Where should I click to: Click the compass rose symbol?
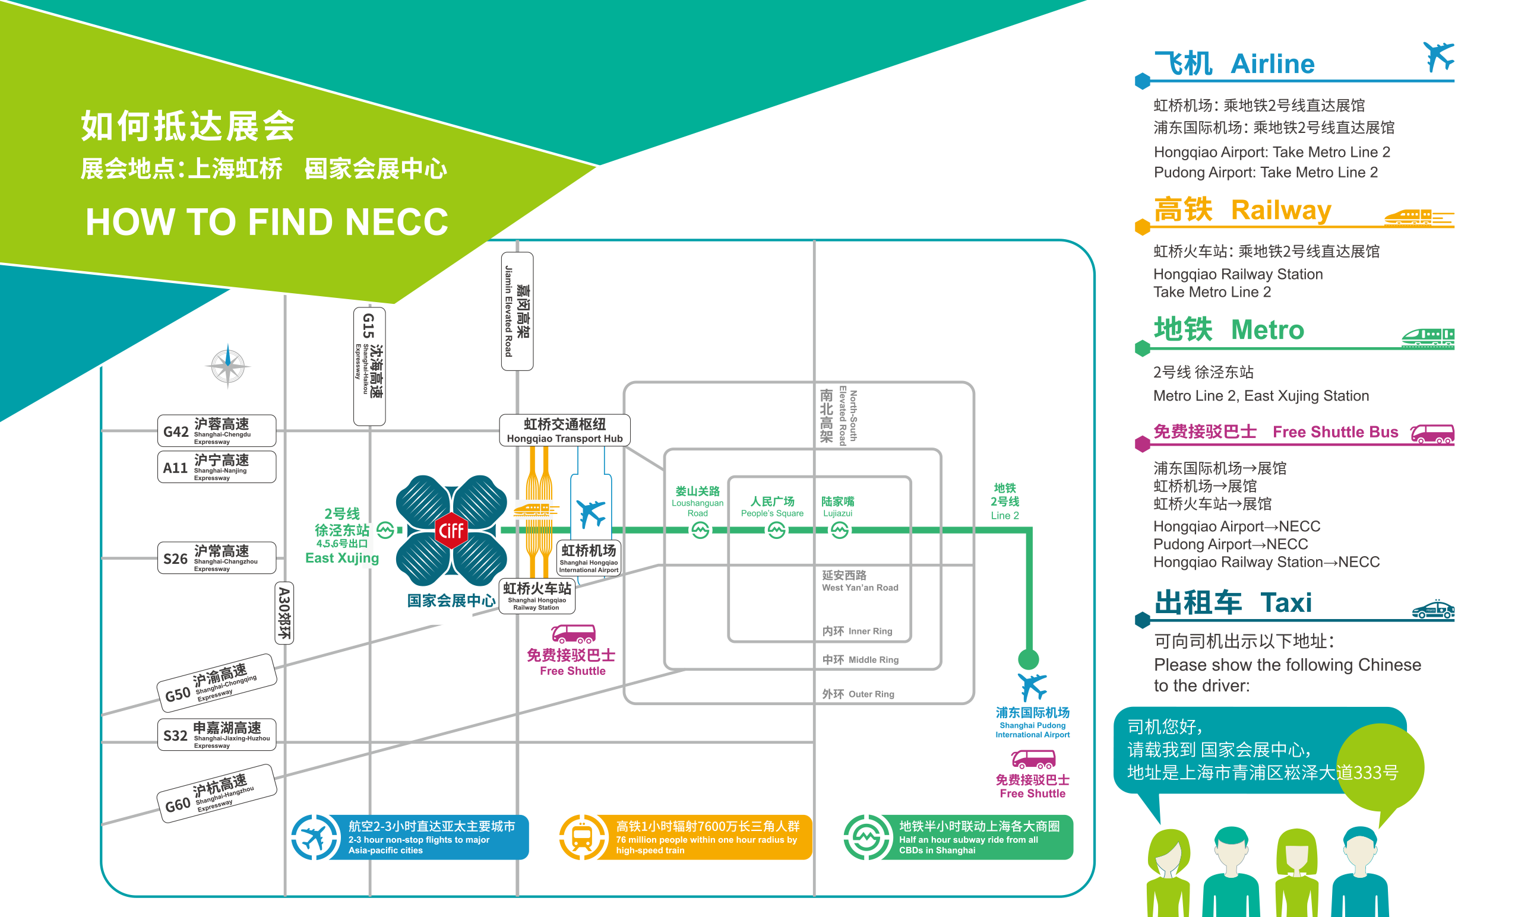pyautogui.click(x=227, y=366)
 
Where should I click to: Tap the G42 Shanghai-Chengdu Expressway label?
pyautogui.click(x=216, y=431)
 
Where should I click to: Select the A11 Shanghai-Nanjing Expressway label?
pyautogui.click(x=216, y=467)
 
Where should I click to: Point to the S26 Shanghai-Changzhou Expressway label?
pyautogui.click(x=216, y=558)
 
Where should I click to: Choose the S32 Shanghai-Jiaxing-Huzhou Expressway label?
pyautogui.click(x=216, y=734)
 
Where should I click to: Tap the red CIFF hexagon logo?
pyautogui.click(x=451, y=530)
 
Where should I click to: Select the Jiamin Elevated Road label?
pyautogui.click(x=517, y=311)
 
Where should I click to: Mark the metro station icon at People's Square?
pyautogui.click(x=776, y=530)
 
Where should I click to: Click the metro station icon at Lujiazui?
pyautogui.click(x=839, y=530)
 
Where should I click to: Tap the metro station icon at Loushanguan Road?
pyautogui.click(x=700, y=530)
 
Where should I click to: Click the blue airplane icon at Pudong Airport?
pyautogui.click(x=1032, y=686)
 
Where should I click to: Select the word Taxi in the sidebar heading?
pyautogui.click(x=1286, y=603)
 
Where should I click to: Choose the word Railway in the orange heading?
pyautogui.click(x=1281, y=210)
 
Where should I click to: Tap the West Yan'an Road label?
pyautogui.click(x=859, y=581)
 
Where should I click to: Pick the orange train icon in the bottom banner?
pyautogui.click(x=581, y=837)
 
